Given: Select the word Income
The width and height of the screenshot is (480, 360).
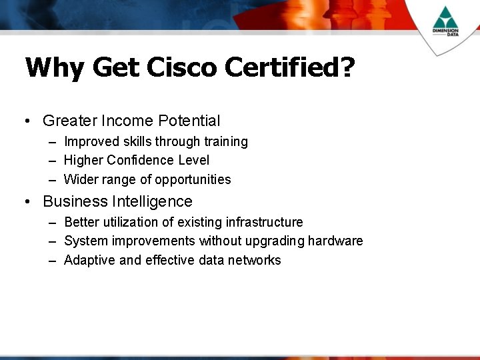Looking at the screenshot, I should pyautogui.click(x=128, y=121).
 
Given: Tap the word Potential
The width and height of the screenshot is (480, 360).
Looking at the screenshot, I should pyautogui.click(x=189, y=121).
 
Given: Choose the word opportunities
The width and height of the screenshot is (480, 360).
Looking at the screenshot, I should pyautogui.click(x=193, y=179).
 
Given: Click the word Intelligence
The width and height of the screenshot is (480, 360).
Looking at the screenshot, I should pyautogui.click(x=152, y=201).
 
